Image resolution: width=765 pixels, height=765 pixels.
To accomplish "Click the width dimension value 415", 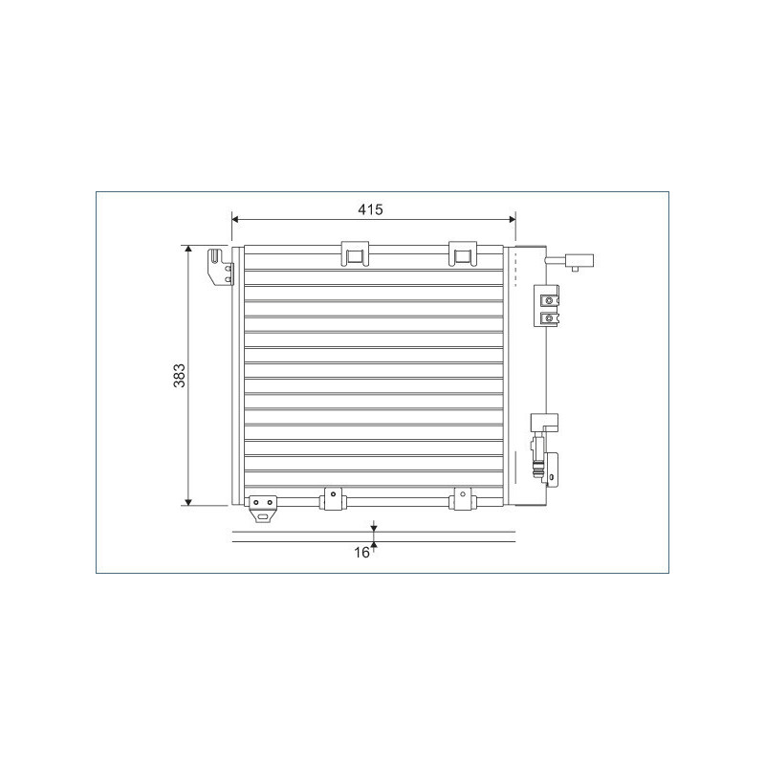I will (x=370, y=209).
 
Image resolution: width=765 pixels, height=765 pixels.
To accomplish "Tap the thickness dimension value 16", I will (x=361, y=552).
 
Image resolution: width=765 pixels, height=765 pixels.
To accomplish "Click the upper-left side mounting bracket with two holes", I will (x=221, y=267).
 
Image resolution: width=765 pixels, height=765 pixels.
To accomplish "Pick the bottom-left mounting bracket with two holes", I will (x=263, y=507).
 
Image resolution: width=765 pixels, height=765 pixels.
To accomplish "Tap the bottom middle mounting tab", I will (x=333, y=498).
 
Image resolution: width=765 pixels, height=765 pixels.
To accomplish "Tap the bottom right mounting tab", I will (x=462, y=498).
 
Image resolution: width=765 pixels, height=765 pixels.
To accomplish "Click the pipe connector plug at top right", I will (x=580, y=260).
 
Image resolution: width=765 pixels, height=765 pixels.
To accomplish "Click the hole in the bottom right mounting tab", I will (x=462, y=495).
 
